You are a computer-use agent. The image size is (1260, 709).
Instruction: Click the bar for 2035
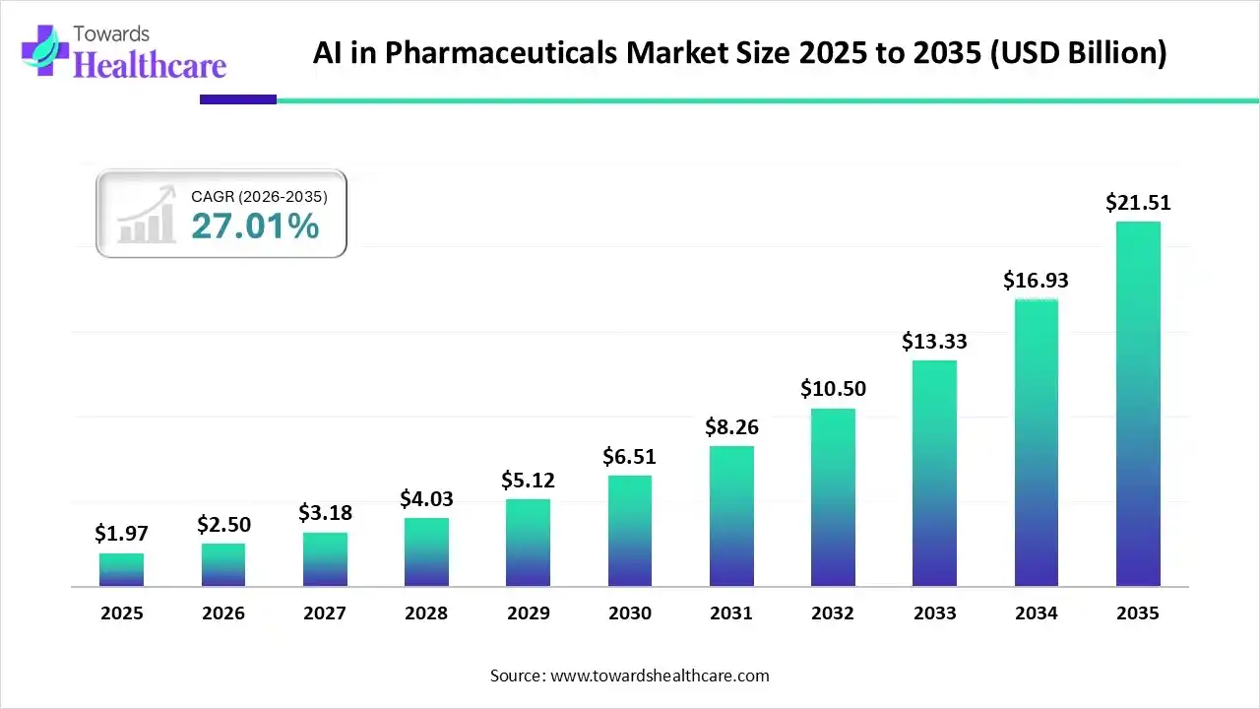[1138, 404]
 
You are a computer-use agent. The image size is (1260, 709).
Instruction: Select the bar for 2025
[121, 570]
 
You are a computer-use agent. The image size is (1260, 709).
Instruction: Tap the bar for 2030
[630, 531]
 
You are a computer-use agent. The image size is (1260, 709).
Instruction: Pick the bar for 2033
[934, 474]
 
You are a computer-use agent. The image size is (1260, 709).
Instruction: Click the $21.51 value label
[1138, 203]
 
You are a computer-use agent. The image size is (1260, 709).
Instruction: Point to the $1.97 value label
[120, 534]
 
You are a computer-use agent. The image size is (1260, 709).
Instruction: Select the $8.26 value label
[730, 427]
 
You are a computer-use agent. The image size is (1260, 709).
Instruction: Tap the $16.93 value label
[1036, 281]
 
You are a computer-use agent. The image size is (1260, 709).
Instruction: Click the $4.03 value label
[426, 499]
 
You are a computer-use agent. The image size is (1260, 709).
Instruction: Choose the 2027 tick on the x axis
[325, 613]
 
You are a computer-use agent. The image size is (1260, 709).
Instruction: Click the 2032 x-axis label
[833, 613]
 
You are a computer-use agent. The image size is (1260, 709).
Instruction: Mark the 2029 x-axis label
[528, 613]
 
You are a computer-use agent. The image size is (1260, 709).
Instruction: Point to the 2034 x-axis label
[1036, 613]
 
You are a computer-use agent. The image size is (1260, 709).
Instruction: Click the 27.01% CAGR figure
[255, 226]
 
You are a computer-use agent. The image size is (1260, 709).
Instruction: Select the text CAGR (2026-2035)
[259, 197]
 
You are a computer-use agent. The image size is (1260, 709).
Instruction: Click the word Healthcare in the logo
[150, 64]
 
